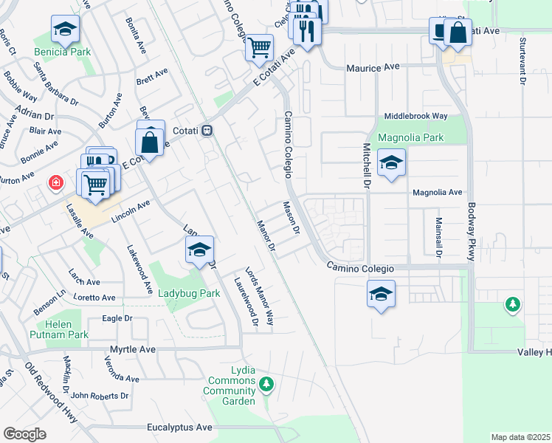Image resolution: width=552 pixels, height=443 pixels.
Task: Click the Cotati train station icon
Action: click(208, 131)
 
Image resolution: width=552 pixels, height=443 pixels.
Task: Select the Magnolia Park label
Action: click(410, 137)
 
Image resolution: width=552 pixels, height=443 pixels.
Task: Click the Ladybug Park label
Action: click(190, 293)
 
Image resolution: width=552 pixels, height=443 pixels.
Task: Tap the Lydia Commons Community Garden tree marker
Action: click(267, 383)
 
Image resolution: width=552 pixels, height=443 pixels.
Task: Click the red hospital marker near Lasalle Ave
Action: click(55, 182)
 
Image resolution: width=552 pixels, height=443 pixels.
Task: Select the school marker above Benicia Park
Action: click(66, 30)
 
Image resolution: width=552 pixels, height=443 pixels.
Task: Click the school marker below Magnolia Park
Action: click(391, 163)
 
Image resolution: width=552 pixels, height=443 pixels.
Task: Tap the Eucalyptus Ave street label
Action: click(179, 427)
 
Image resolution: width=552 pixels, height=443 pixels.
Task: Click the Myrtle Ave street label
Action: click(133, 348)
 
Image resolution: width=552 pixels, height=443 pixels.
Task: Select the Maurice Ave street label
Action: click(373, 67)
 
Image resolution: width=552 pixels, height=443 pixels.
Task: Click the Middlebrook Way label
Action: click(416, 116)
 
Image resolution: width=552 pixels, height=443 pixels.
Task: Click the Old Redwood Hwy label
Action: click(51, 391)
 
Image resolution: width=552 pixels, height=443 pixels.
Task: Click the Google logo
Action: click(25, 433)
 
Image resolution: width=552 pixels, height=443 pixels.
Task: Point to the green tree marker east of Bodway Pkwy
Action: click(511, 303)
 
